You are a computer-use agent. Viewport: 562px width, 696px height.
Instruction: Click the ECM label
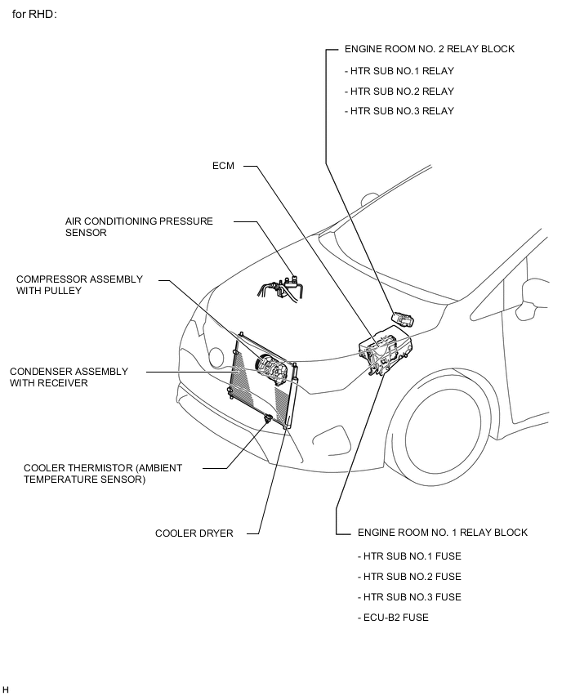tap(223, 166)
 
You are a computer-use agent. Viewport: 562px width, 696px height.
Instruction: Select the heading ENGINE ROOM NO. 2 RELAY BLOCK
tap(429, 49)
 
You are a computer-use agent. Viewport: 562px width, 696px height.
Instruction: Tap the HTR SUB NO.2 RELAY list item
tap(399, 91)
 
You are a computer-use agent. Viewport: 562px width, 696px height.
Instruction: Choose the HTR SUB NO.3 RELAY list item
tap(399, 111)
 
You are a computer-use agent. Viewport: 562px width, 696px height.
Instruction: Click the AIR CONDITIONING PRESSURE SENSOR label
tap(139, 226)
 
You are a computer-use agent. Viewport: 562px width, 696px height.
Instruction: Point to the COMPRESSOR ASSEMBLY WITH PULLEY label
tap(79, 284)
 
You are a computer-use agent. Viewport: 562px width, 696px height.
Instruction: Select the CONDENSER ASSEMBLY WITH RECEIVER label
tap(69, 377)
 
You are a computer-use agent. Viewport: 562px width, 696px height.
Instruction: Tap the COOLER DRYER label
tap(194, 533)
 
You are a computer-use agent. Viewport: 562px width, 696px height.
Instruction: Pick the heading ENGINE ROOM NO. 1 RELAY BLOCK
tap(442, 533)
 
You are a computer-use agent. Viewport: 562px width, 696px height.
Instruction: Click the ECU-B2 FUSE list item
tap(392, 618)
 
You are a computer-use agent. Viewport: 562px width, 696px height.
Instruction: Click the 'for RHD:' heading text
tap(34, 16)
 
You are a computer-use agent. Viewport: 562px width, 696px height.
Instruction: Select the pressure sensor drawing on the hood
tap(282, 285)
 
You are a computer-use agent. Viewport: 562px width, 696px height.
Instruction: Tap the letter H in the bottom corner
tap(6, 690)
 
